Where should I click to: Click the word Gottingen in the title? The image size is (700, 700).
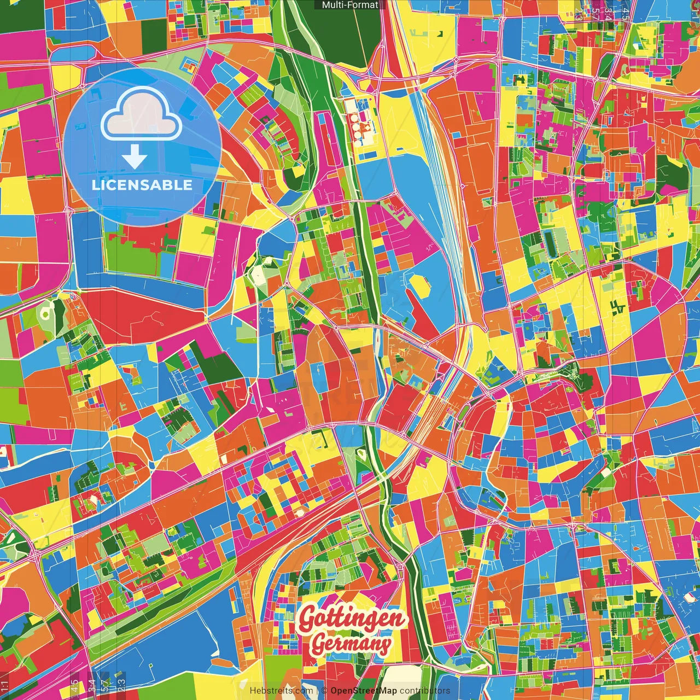(353, 618)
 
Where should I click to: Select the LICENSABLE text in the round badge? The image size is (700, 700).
(142, 185)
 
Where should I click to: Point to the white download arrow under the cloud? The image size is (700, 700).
(134, 158)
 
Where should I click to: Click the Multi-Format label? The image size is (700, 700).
(350, 5)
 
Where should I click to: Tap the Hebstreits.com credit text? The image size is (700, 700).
(281, 691)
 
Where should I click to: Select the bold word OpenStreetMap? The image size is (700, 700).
(364, 691)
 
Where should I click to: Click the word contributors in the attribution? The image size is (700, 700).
(425, 691)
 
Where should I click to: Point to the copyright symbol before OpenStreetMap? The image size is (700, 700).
(324, 691)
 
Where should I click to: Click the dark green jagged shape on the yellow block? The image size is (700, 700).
(619, 307)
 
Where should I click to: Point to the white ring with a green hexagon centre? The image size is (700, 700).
(45, 312)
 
